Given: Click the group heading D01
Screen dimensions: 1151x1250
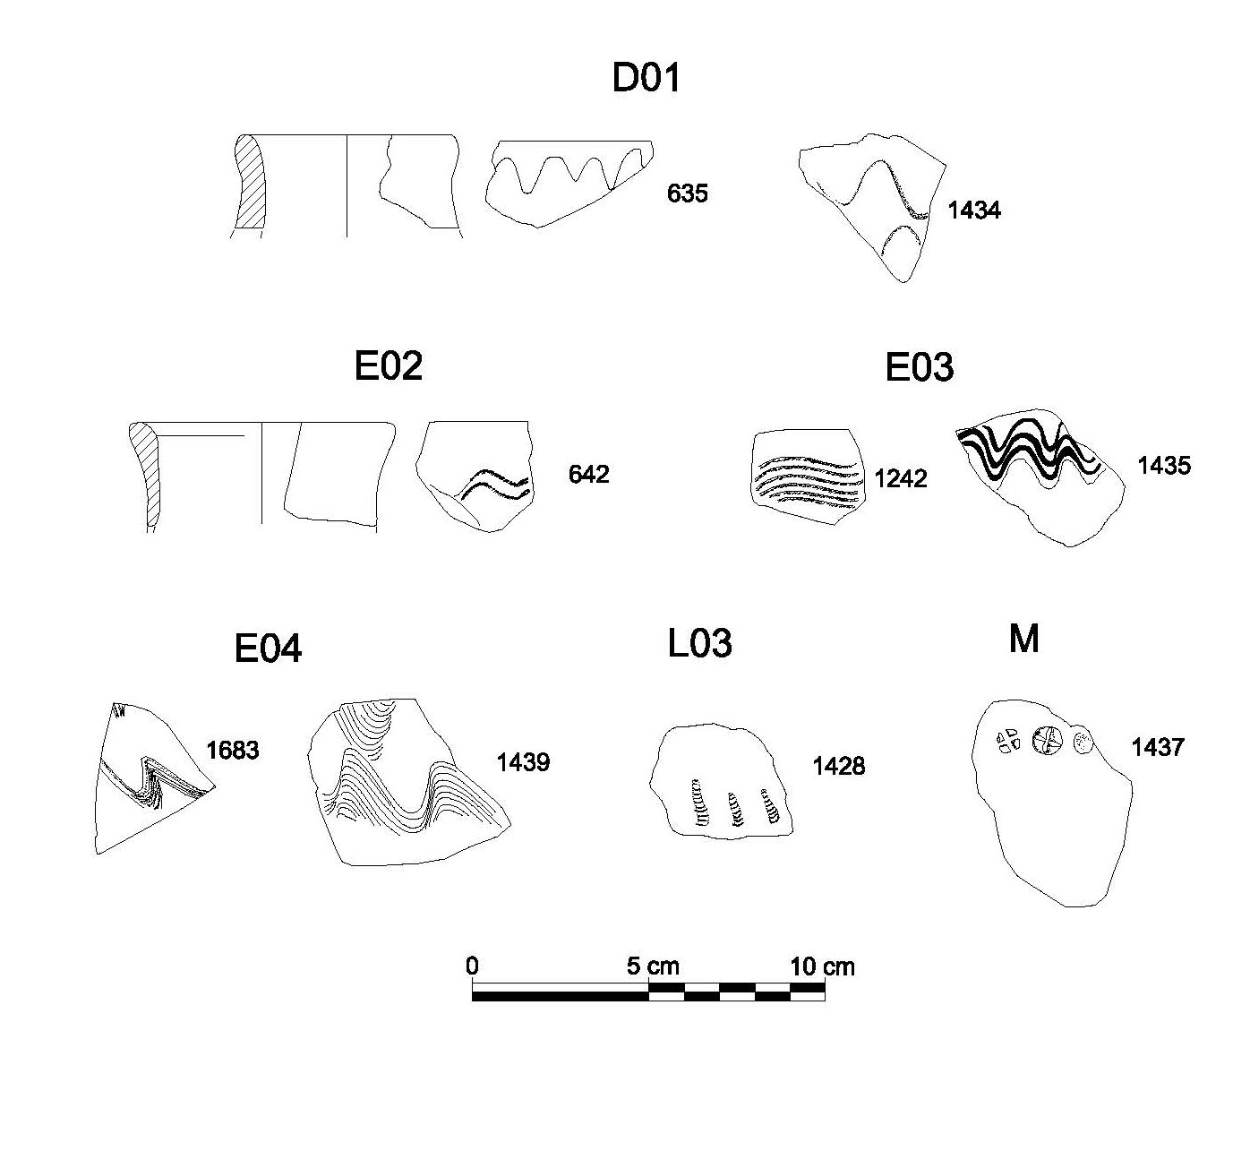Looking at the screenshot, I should tap(646, 79).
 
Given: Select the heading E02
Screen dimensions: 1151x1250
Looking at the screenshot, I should tap(388, 366).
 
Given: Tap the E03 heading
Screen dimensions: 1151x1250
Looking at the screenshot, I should tap(919, 368).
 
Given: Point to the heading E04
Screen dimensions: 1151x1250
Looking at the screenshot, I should tap(268, 649).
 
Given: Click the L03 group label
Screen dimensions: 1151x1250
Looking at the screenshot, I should tap(699, 643).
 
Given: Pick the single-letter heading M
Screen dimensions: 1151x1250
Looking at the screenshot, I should tap(1023, 639).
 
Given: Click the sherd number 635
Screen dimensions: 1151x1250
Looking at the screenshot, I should tap(687, 193).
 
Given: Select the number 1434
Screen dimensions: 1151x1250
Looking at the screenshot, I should tap(973, 210).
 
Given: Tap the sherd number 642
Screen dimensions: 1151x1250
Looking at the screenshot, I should tap(588, 474).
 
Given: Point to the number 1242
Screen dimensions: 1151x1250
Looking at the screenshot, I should tap(901, 479).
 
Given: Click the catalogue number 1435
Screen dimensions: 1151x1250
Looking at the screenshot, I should tap(1164, 466).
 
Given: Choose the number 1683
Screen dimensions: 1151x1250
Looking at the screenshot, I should tap(232, 750).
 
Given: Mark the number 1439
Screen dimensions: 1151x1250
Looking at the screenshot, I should tap(523, 763).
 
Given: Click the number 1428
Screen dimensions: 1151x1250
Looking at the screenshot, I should tap(839, 766).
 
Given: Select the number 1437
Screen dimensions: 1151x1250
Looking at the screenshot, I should tap(1158, 747).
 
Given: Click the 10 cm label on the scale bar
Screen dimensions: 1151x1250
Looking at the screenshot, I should tap(821, 967).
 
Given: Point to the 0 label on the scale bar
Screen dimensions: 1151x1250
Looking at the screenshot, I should tap(473, 966).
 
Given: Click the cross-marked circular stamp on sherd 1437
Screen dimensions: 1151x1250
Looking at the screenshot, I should tap(1046, 740).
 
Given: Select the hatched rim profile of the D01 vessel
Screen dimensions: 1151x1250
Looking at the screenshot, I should tap(251, 186).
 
